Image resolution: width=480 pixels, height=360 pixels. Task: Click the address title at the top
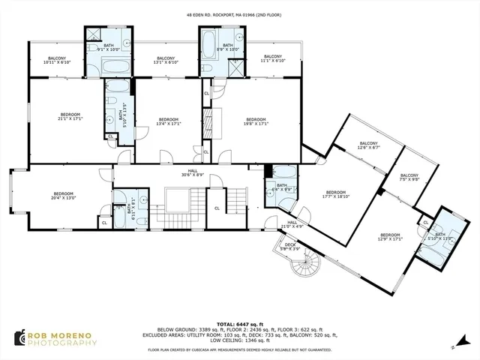pyautogui.click(x=240, y=13)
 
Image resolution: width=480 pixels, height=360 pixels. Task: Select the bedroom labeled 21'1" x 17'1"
pyautogui.click(x=69, y=116)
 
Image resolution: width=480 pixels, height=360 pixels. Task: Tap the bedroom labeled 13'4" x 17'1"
pyautogui.click(x=168, y=121)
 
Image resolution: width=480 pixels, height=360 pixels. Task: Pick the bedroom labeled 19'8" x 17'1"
pyautogui.click(x=256, y=121)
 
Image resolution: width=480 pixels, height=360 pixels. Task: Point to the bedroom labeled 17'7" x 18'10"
pyautogui.click(x=335, y=193)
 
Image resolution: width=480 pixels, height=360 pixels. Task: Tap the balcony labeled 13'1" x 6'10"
pyautogui.click(x=166, y=60)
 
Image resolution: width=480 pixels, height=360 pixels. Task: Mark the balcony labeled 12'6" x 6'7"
pyautogui.click(x=368, y=145)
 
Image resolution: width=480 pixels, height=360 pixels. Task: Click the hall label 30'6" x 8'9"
pyautogui.click(x=192, y=173)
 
